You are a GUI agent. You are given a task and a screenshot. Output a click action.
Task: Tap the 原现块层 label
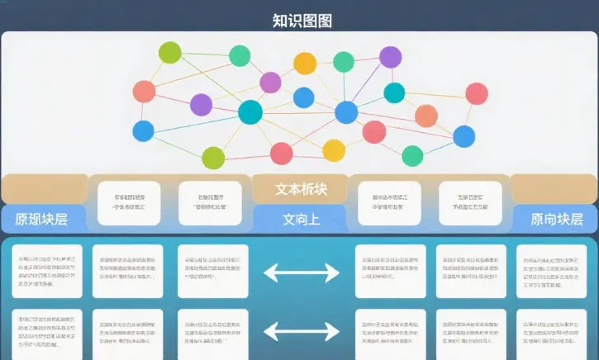tap(41, 220)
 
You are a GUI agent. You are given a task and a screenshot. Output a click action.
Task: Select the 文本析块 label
tap(300, 189)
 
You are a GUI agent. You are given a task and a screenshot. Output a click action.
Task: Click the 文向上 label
tap(300, 220)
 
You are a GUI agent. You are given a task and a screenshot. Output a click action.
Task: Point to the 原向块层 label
tap(556, 220)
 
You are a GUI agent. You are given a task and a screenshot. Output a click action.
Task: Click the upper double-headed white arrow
tap(302, 272)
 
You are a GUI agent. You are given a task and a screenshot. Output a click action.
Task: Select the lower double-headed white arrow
tap(302, 332)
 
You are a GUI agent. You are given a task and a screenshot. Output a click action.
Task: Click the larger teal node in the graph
tap(250, 111)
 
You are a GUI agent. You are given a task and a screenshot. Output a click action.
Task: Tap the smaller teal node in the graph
tap(395, 93)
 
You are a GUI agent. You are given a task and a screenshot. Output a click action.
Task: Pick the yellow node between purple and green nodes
tap(305, 64)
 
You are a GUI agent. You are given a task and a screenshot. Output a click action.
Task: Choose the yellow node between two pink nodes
tap(334, 150)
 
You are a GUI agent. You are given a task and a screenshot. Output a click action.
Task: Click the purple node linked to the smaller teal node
tap(390, 57)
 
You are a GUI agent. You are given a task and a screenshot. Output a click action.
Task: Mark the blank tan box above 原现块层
tap(44, 189)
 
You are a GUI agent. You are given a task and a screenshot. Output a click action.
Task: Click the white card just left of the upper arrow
tap(212, 271)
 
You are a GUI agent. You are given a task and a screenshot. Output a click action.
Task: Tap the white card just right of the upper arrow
tap(390, 271)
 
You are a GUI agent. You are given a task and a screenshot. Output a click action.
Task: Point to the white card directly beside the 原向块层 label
tap(470, 203)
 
